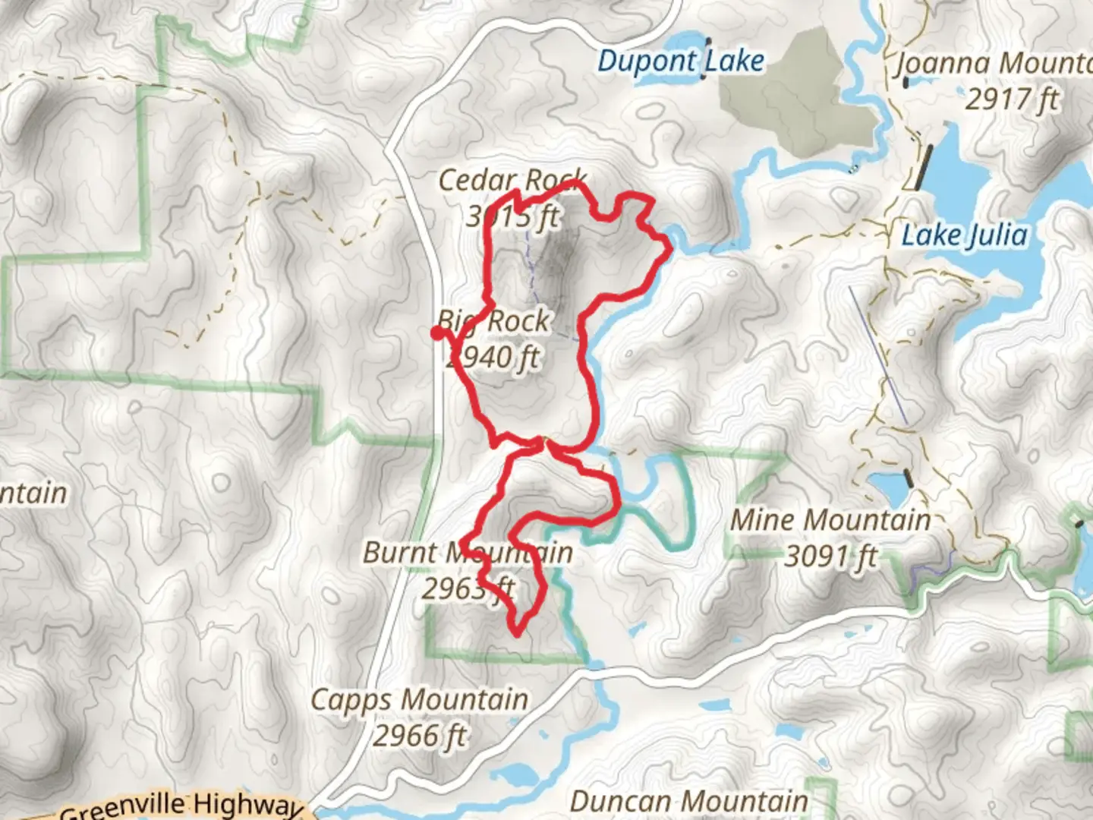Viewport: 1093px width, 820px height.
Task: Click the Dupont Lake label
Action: (680, 61)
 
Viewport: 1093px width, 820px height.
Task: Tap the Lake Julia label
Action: (964, 235)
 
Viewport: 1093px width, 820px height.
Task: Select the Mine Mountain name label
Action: (830, 521)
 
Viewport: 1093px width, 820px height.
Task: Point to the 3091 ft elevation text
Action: (830, 557)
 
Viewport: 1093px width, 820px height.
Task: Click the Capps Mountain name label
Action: (419, 699)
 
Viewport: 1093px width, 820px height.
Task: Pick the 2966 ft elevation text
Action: (419, 736)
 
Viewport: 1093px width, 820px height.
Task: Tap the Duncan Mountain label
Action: (688, 801)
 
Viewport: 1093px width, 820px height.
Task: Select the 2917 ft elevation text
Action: (1012, 99)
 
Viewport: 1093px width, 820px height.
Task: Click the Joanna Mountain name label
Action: (994, 64)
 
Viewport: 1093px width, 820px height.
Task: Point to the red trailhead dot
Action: (438, 333)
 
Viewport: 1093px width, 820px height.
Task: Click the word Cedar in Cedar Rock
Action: (477, 181)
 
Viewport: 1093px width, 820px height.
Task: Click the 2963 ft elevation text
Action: (468, 588)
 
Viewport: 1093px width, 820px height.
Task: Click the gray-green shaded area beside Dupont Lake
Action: (789, 99)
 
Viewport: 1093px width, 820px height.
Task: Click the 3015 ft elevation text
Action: (512, 217)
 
